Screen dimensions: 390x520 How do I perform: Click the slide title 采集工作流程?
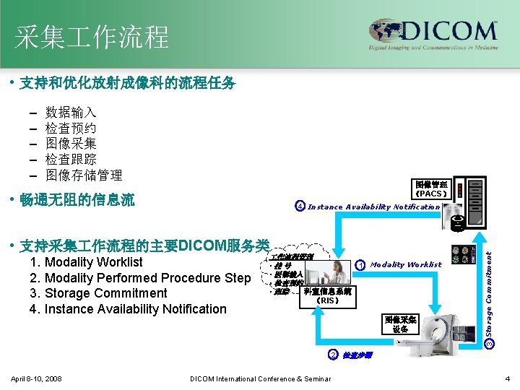coord(92,36)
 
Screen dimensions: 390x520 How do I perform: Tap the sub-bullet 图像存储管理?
coord(84,175)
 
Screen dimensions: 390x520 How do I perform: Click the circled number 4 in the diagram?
coord(300,207)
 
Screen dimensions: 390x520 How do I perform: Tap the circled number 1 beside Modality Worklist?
coord(360,265)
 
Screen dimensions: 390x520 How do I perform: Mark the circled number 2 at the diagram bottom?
coord(333,354)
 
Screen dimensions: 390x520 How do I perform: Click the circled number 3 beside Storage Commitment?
coord(489,342)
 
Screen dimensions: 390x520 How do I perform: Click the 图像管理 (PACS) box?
coord(432,189)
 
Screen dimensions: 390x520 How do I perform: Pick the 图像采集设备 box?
coord(401,324)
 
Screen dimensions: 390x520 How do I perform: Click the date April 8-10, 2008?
coord(37,379)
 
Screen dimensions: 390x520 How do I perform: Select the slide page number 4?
coord(508,378)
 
